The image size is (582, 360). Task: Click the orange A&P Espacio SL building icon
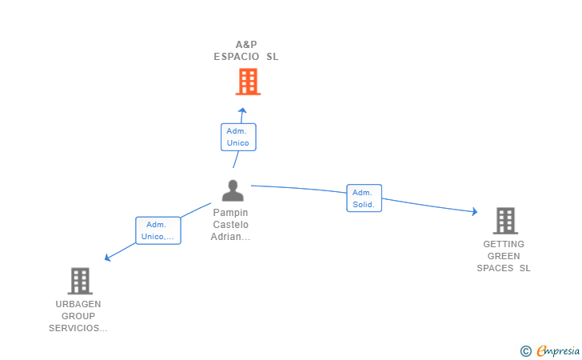[x=248, y=82]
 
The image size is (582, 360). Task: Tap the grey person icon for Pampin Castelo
[x=233, y=190]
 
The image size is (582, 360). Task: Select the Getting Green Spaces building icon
[x=504, y=220]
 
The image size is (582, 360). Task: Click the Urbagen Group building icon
[x=79, y=281]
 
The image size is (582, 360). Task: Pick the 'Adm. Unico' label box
[x=238, y=137]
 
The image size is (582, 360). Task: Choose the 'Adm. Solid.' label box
[x=364, y=198]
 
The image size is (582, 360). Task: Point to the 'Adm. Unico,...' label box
[x=158, y=230]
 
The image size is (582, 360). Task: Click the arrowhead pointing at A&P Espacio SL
[x=243, y=110]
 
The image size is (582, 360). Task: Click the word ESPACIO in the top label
[x=237, y=57]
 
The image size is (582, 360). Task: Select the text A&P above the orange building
[x=246, y=45]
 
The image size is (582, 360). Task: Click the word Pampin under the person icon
[x=230, y=213]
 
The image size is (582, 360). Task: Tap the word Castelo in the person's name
[x=230, y=225]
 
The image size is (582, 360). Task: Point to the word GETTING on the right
[x=504, y=244]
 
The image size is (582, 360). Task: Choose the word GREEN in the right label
[x=504, y=256]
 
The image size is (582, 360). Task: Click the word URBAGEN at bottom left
[x=78, y=304]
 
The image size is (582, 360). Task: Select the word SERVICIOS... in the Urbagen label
[x=78, y=328]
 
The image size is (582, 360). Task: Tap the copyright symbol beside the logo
[x=525, y=350]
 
